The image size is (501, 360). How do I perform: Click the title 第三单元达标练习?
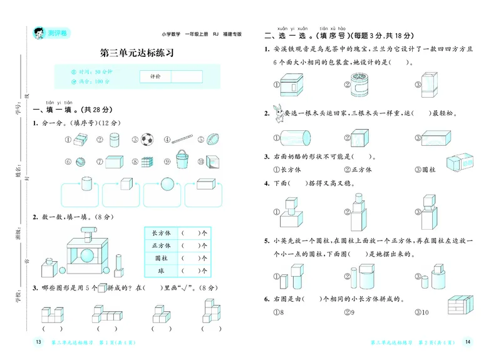coord(137,53)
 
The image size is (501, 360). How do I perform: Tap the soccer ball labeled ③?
coord(147,139)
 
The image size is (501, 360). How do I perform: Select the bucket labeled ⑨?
coord(182,159)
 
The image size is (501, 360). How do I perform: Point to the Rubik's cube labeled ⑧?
coord(147,161)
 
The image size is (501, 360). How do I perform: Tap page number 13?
coord(38,342)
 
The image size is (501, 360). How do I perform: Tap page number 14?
coord(468,342)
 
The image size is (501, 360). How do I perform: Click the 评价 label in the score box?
coord(155,76)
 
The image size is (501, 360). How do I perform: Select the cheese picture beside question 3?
coord(462,162)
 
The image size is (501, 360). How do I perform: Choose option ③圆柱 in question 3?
coord(427,169)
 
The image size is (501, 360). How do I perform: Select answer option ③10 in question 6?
coord(421,311)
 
